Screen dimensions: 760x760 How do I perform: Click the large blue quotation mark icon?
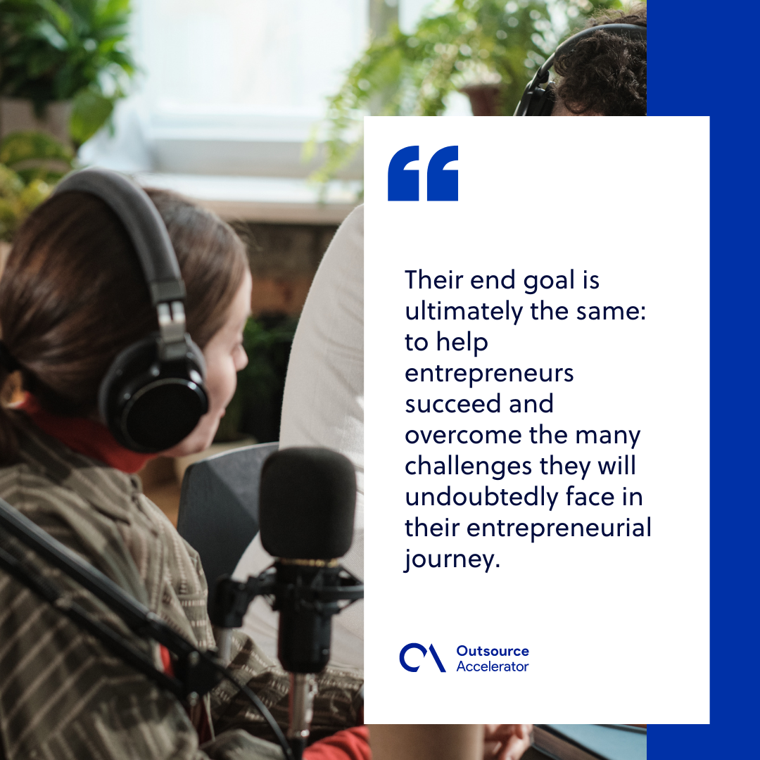[423, 173]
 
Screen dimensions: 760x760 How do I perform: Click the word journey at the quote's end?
[448, 560]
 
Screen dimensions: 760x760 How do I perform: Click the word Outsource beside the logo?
[492, 652]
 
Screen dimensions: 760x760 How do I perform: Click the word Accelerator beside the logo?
[492, 666]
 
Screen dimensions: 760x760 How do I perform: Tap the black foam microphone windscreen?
[308, 502]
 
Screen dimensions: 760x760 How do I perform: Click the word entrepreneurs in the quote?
[489, 374]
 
